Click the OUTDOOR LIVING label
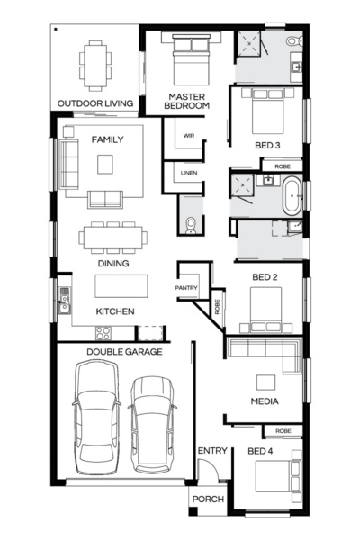point(95,103)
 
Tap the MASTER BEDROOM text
point(186,101)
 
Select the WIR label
point(188,136)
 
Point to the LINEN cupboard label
point(188,173)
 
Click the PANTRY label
point(186,287)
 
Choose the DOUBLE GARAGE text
point(124,352)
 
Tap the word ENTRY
point(212,451)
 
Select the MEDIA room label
point(264,401)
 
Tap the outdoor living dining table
point(94,65)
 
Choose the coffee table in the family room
point(106,164)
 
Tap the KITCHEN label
point(115,311)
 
